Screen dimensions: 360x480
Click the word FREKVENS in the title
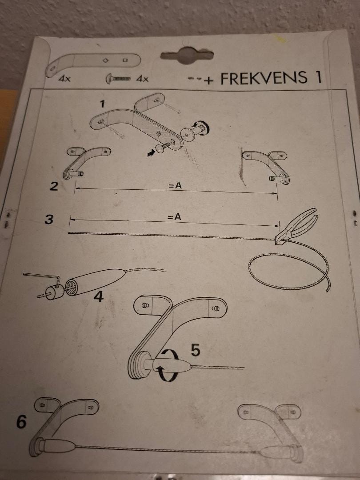coord(264,78)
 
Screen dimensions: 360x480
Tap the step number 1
coord(103,104)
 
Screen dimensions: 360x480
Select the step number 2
coord(54,186)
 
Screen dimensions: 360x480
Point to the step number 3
coord(49,219)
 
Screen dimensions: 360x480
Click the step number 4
coord(98,296)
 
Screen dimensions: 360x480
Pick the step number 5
coord(196,350)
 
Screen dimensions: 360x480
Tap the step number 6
coord(21,422)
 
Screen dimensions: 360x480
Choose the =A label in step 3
coord(175,217)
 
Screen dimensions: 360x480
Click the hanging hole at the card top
coord(187,56)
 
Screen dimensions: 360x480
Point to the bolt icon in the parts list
coord(118,79)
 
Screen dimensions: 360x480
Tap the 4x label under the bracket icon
coord(64,79)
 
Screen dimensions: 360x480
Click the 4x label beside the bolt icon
coord(142,79)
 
